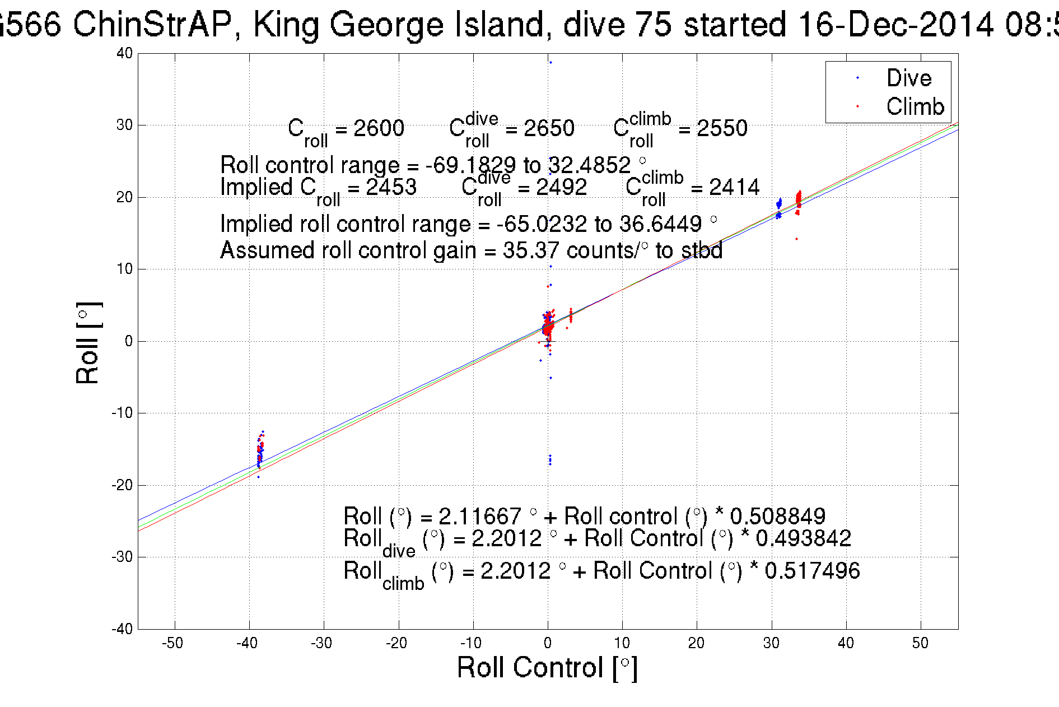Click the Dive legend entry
(x=908, y=78)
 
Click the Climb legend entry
(x=915, y=106)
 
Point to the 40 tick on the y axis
(x=125, y=54)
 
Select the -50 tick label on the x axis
(x=172, y=643)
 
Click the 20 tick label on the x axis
(x=696, y=643)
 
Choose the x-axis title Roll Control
(x=547, y=668)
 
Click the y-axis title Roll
(x=88, y=343)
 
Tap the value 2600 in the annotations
(x=379, y=128)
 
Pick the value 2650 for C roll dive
(x=549, y=128)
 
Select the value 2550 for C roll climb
(x=721, y=128)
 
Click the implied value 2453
(x=391, y=187)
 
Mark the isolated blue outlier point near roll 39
(x=551, y=63)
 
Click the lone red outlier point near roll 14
(x=796, y=239)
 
